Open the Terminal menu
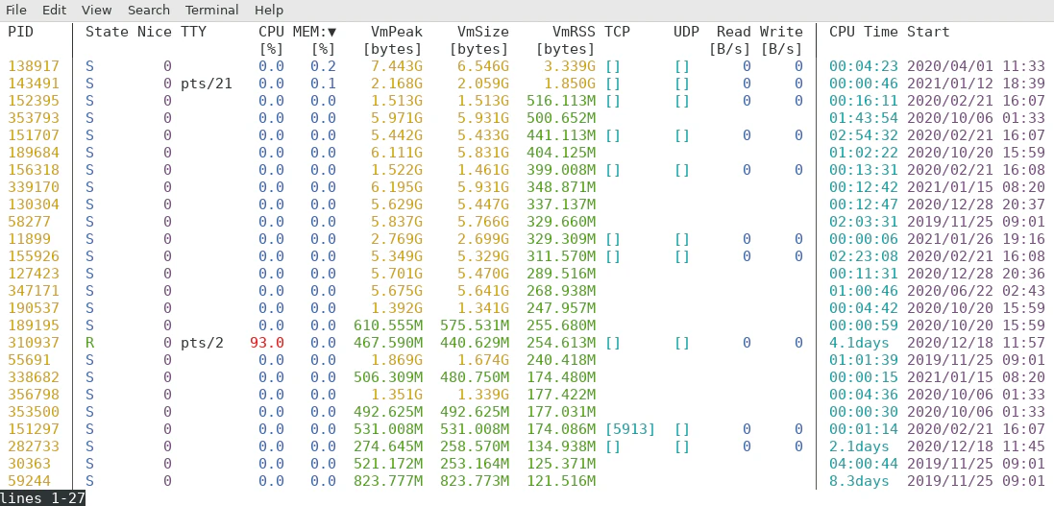[212, 10]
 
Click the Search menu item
[149, 10]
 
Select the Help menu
[269, 10]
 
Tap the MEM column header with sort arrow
[314, 32]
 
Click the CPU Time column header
[864, 32]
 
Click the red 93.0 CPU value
[267, 343]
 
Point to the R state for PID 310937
[90, 343]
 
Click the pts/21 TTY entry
[206, 84]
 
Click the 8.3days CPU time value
[859, 481]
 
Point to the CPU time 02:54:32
[864, 135]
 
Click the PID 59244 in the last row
[29, 481]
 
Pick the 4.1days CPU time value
[859, 343]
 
